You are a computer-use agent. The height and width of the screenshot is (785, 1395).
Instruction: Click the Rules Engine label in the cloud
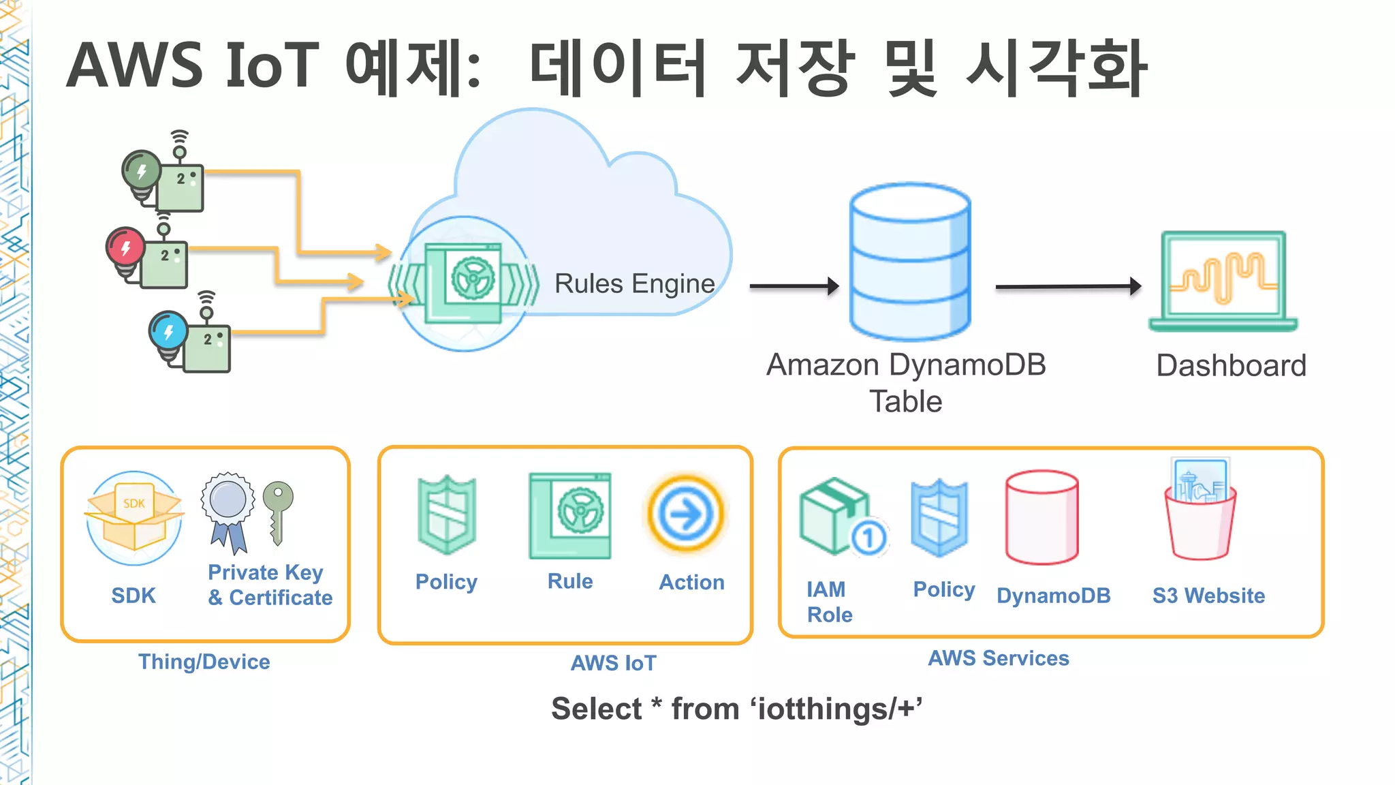click(634, 283)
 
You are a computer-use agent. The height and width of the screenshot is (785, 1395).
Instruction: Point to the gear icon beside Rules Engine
click(473, 279)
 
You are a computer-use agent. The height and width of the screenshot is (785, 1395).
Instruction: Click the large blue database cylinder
click(909, 262)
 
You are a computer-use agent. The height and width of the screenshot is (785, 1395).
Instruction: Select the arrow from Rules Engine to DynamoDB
click(794, 286)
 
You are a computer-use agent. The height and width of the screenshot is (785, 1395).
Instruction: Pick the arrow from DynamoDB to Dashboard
click(1067, 287)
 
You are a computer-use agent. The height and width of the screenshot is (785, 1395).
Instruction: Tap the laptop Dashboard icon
click(1223, 280)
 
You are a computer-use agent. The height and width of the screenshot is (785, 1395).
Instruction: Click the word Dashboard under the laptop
click(1231, 366)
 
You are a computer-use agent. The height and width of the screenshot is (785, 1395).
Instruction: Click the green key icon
click(278, 512)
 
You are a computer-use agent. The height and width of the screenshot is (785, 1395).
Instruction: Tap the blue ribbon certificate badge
click(228, 511)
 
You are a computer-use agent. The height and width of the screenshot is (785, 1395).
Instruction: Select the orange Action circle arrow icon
click(685, 514)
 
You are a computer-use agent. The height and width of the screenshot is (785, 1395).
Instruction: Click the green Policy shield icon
click(447, 514)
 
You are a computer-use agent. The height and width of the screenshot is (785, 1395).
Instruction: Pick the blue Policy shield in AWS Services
click(940, 518)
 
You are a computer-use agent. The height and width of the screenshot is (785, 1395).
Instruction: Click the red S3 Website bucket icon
click(1200, 511)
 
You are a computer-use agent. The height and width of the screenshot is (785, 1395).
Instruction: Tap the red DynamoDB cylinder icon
click(1041, 517)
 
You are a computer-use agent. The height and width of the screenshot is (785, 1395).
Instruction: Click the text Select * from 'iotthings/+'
click(736, 709)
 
